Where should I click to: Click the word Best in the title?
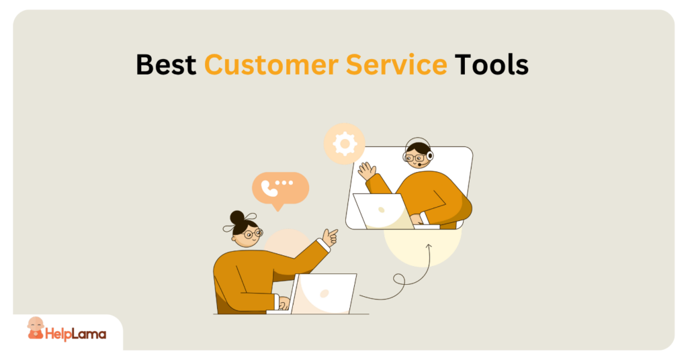(x=166, y=65)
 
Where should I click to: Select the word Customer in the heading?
(x=271, y=65)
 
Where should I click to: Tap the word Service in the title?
(x=396, y=65)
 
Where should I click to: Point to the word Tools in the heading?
(x=491, y=65)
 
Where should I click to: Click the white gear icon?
(x=345, y=143)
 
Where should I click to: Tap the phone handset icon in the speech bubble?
(x=269, y=187)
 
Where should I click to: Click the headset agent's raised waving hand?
(x=367, y=171)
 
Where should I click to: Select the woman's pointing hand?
(x=330, y=237)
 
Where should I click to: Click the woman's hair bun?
(x=237, y=218)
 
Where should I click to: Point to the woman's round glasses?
(x=253, y=234)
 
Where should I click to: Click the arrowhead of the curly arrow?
(x=429, y=249)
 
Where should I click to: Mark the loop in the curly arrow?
(x=399, y=280)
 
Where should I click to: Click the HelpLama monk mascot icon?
(x=36, y=328)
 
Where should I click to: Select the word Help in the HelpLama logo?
(x=58, y=334)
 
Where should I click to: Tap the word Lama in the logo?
(x=89, y=334)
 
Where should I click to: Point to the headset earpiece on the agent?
(x=429, y=156)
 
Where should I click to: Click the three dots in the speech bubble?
(x=284, y=183)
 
